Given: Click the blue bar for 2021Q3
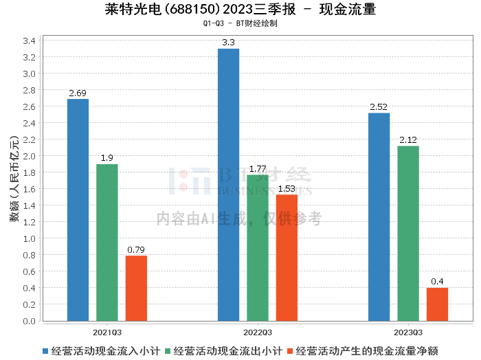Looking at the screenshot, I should coord(78,210).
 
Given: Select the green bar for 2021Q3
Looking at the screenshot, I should coord(107,243).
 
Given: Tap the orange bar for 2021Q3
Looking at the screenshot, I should coord(136,288).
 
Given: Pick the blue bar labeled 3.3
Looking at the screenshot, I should coord(228,184).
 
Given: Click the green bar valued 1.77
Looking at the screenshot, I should coord(258,247).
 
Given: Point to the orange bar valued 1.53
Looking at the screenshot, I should coord(287,258).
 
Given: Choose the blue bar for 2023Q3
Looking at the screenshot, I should coord(379,216).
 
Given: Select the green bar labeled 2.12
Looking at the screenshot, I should coord(408,233).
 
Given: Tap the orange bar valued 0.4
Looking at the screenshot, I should coord(437,304).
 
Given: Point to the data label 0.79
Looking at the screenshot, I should coord(136,250).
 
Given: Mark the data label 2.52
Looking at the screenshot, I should coord(379,107).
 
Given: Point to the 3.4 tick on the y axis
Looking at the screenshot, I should coord(30,41).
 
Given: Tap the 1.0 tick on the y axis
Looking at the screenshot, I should coord(30,238).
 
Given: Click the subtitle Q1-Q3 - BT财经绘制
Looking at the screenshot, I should coord(240,23).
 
